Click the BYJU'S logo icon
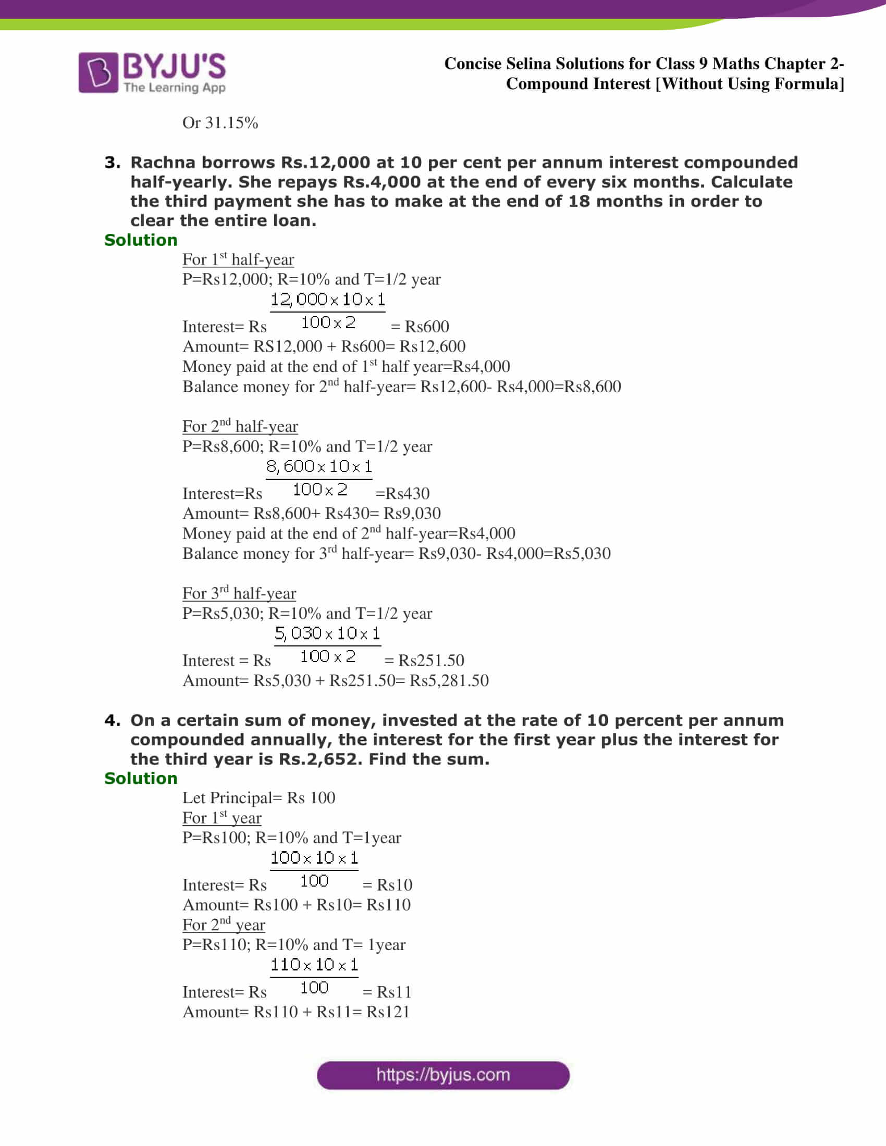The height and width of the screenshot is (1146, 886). [98, 72]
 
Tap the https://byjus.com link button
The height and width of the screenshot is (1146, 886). [443, 1075]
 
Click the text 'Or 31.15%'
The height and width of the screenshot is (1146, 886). [220, 123]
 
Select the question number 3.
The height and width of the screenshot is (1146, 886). [112, 163]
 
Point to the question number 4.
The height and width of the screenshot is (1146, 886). [112, 720]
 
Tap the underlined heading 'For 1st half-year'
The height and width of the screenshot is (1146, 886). [238, 259]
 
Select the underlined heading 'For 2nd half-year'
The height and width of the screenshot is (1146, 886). [240, 426]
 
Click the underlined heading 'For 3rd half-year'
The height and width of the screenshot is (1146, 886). [239, 593]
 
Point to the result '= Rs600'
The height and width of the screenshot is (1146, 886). [420, 327]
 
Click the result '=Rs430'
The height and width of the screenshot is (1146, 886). [402, 493]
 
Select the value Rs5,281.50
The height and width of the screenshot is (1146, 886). [449, 681]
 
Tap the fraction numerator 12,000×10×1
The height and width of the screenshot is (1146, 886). [327, 300]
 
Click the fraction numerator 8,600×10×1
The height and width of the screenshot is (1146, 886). [319, 467]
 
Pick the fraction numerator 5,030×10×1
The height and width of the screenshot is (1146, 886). [327, 633]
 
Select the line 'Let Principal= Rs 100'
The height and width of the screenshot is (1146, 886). [258, 798]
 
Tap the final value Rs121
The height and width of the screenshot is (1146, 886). [388, 1012]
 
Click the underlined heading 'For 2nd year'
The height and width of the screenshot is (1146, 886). [224, 925]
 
